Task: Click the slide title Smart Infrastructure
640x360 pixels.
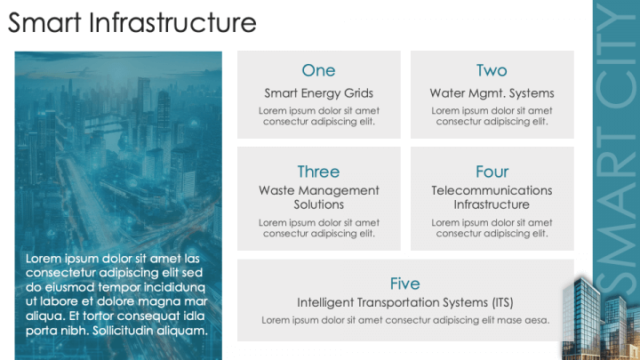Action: [x=132, y=22]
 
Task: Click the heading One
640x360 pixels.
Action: [x=318, y=70]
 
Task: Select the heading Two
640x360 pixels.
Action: [x=492, y=70]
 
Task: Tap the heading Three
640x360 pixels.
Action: [x=318, y=172]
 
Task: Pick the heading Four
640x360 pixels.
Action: [x=492, y=172]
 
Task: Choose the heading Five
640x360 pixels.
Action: [x=404, y=284]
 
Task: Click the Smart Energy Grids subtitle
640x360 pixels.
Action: [x=318, y=92]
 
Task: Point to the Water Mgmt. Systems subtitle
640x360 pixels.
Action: [x=492, y=92]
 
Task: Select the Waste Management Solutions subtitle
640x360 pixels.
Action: [x=318, y=197]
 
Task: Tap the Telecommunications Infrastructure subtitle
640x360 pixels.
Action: [x=492, y=197]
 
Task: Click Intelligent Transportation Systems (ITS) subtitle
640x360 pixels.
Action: [x=404, y=302]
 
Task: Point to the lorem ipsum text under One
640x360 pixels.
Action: [x=318, y=116]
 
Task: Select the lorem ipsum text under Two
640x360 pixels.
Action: [x=492, y=116]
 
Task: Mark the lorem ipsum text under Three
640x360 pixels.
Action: [x=318, y=228]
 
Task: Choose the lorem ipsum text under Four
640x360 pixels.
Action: [x=492, y=228]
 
